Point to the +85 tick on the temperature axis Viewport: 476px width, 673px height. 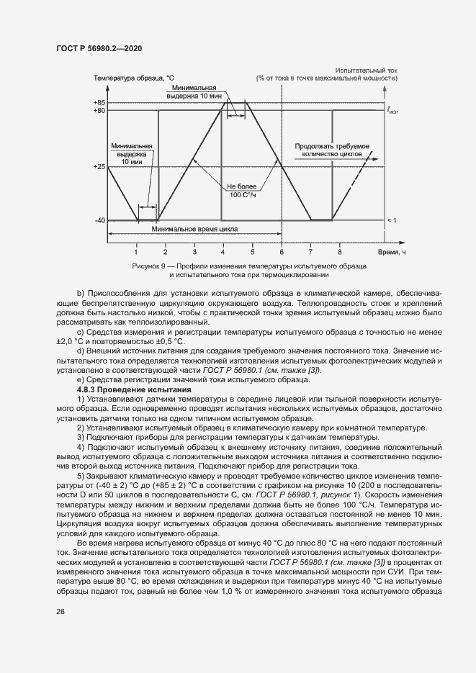(99, 103)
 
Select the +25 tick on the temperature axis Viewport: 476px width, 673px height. (99, 167)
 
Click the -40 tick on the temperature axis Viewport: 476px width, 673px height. (99, 220)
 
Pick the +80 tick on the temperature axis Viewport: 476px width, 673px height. (99, 111)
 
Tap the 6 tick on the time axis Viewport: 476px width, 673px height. (282, 252)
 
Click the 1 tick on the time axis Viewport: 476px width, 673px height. (136, 252)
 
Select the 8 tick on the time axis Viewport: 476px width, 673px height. (339, 252)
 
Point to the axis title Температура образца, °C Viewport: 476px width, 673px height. (133, 77)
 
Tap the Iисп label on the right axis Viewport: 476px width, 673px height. (392, 112)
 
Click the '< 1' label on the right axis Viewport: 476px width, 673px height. (391, 220)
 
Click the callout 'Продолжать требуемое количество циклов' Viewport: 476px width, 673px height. (332, 149)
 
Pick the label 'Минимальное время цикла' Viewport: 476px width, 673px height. (195, 230)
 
